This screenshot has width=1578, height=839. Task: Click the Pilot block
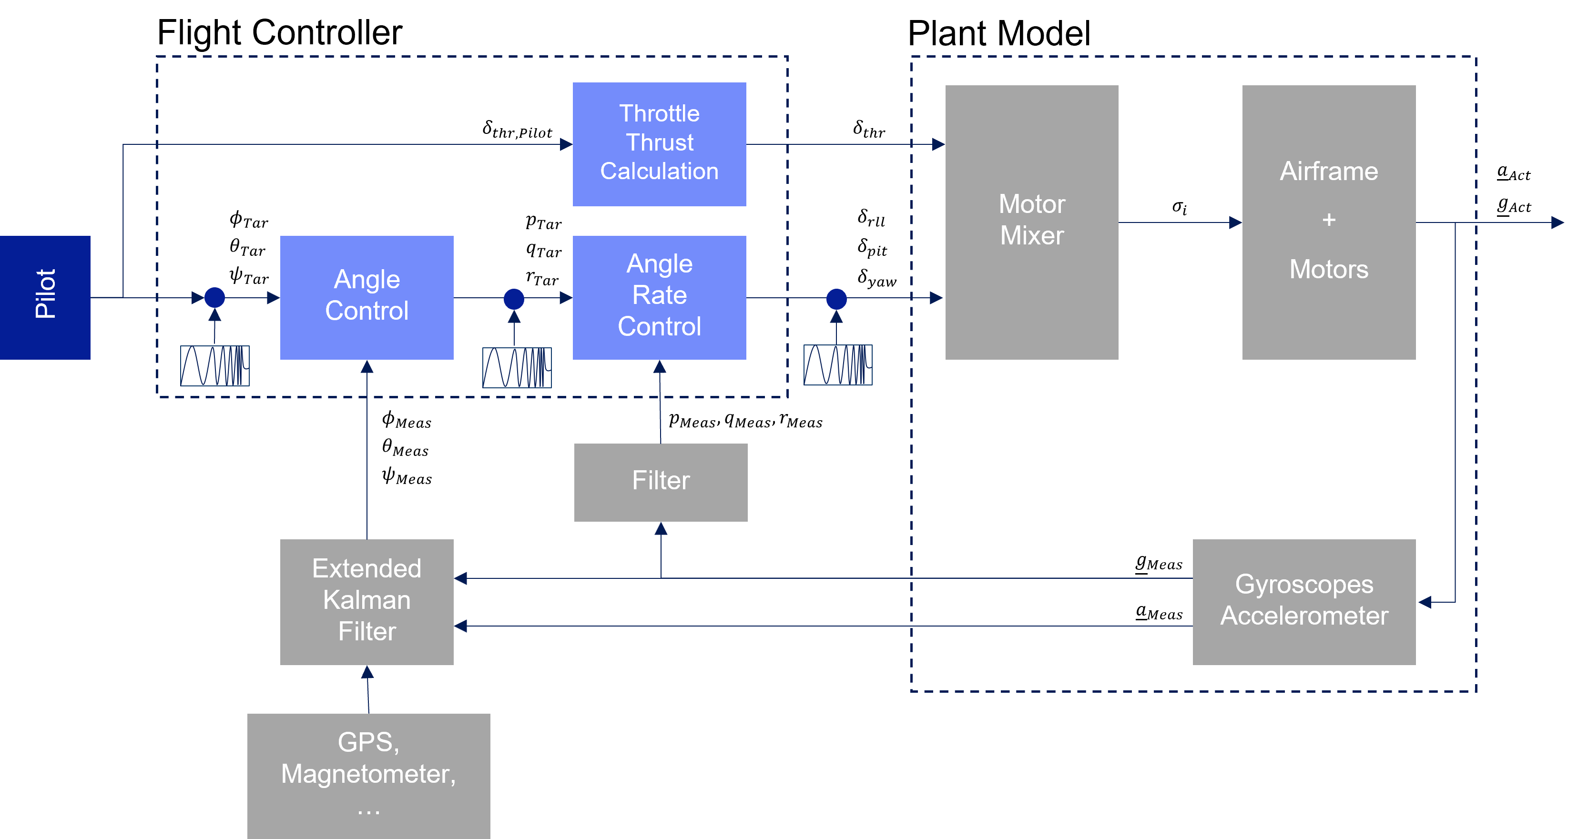point(45,297)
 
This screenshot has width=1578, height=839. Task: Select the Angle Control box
point(367,297)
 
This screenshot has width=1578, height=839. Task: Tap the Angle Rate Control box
point(659,297)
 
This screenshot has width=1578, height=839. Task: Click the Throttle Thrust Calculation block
point(659,144)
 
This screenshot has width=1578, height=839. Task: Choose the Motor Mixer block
point(1031,222)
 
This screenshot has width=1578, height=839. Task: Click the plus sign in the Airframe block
point(1329,219)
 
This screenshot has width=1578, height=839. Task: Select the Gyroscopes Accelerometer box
point(1303,601)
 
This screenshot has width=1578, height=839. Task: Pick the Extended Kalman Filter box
point(367,601)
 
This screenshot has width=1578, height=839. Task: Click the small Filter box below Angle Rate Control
point(661,482)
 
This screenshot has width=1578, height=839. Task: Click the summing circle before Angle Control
point(214,298)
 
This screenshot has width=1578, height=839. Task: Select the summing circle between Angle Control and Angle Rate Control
point(514,298)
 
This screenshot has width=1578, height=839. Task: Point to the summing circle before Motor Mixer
point(836,298)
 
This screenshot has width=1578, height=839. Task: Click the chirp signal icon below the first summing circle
point(214,365)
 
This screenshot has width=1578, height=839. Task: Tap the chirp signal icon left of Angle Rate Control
point(517,367)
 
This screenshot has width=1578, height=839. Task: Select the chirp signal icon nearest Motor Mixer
point(837,365)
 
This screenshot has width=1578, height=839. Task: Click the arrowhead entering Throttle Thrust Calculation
point(566,144)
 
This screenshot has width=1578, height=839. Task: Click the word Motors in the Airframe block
point(1329,270)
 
